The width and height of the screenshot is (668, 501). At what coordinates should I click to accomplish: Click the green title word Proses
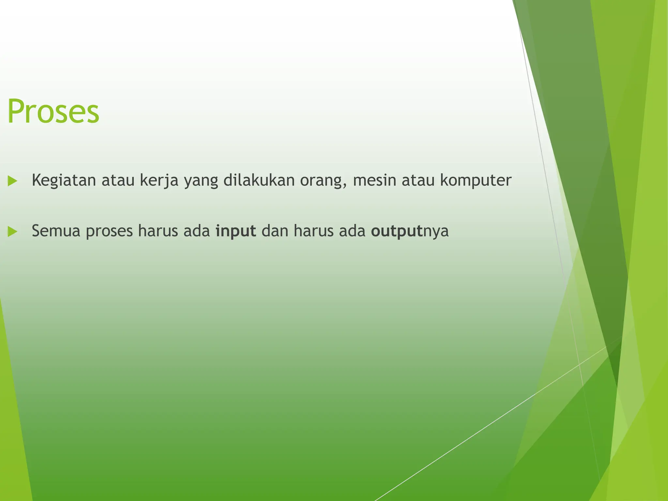53,111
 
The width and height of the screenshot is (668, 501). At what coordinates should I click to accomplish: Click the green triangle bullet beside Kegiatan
12,181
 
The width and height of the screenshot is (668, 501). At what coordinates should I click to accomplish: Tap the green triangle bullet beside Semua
12,232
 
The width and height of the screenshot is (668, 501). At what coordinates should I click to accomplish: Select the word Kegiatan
64,180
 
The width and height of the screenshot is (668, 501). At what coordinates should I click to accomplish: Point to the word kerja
159,180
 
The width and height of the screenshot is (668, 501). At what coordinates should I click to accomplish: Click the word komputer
476,180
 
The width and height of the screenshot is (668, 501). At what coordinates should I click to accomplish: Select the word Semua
56,231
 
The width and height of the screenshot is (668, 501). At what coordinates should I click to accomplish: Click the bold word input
235,231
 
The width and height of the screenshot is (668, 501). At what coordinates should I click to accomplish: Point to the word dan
275,231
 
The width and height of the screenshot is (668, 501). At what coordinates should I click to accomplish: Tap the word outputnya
410,231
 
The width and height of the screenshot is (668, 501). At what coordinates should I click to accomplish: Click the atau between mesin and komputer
418,180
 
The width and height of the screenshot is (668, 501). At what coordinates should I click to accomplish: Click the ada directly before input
196,231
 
